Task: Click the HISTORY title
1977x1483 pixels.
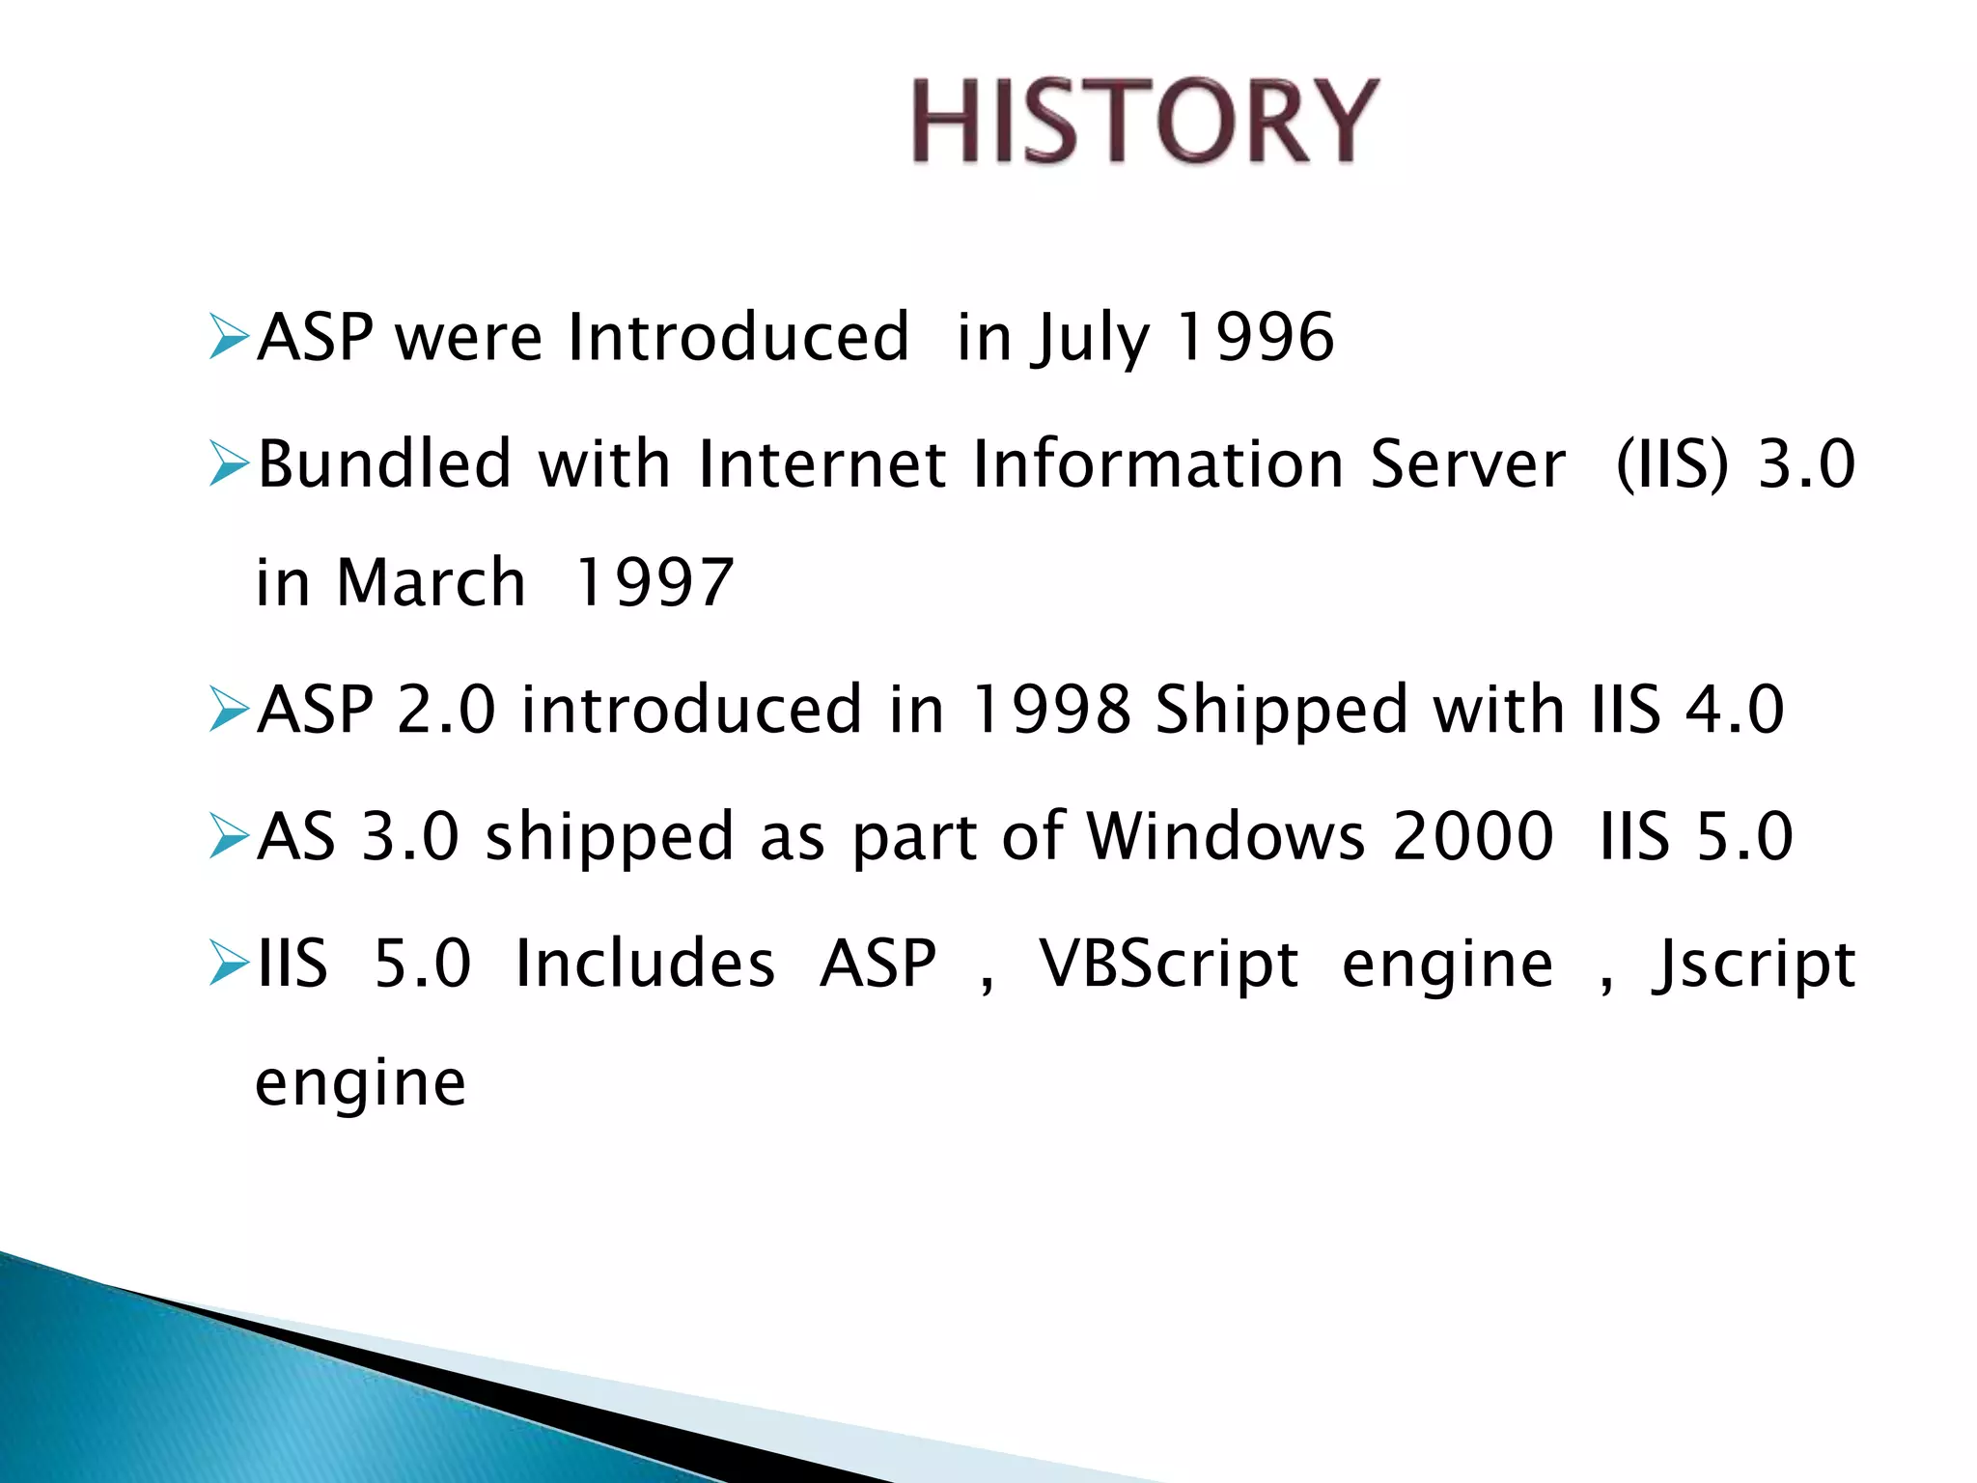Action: [x=1145, y=121]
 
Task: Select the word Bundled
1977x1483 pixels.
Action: [x=384, y=464]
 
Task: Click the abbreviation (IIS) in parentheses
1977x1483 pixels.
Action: [x=1672, y=464]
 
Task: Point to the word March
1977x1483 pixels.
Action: [x=431, y=583]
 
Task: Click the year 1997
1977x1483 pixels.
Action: [x=654, y=583]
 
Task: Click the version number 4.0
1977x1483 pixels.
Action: [x=1734, y=710]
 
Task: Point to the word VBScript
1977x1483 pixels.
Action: [x=1168, y=965]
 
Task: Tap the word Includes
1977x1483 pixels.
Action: [x=645, y=964]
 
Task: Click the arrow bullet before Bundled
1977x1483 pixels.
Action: [x=229, y=465]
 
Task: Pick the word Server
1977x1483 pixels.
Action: [x=1467, y=464]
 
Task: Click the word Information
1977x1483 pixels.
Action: [x=1158, y=464]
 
